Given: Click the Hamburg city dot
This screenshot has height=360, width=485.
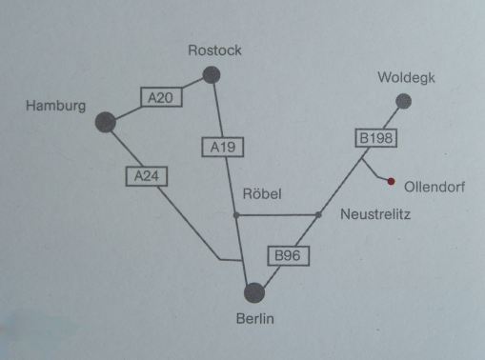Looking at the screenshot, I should coord(106,121).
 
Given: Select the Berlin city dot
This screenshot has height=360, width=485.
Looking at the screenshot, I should coord(253,292).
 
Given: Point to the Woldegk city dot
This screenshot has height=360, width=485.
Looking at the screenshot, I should coord(404,101).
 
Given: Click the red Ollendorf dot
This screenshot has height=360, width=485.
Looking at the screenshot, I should coord(391,180).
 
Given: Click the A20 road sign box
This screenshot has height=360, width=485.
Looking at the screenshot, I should coord(161,96).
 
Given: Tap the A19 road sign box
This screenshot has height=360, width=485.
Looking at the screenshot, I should coord(223,147).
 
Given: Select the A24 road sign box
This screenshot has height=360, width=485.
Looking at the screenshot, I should coord(147,175).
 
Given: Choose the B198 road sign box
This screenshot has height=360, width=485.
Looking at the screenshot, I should coord(375,138).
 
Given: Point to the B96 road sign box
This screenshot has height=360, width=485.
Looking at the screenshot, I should coord(289,255).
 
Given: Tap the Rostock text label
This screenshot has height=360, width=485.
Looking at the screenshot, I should coord(214,51).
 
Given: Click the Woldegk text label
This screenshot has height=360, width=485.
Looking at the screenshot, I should coord(406,78).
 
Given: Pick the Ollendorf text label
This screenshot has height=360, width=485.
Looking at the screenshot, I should coord(434,186).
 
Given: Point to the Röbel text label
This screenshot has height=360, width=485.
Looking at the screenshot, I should coord(263,193).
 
